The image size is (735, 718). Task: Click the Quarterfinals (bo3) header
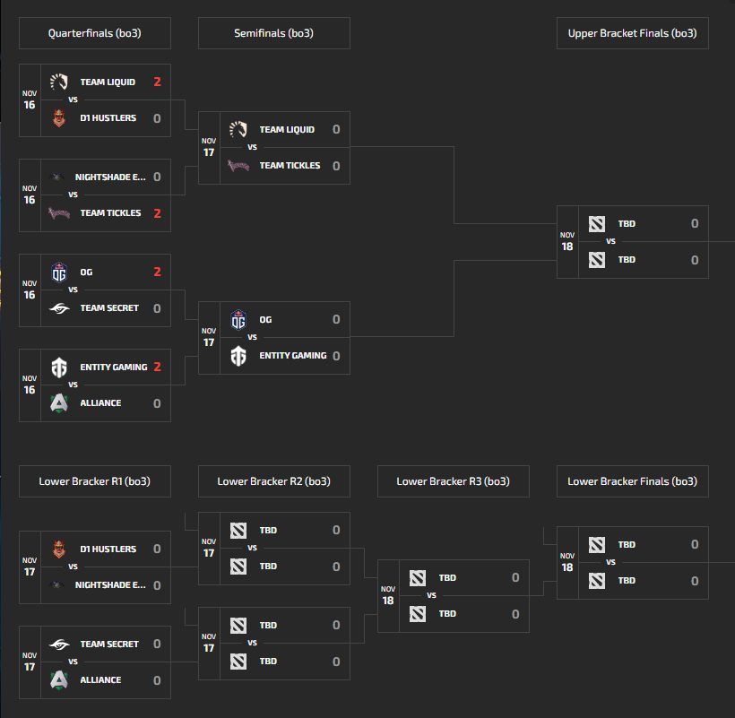click(x=94, y=33)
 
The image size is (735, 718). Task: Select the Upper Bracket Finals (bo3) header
click(x=632, y=33)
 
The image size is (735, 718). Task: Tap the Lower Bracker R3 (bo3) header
click(x=453, y=481)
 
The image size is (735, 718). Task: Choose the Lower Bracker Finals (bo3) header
click(x=632, y=481)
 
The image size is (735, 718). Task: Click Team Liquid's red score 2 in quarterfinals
click(x=157, y=82)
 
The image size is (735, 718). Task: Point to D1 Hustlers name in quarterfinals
click(x=108, y=118)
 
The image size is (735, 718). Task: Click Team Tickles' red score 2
click(x=157, y=213)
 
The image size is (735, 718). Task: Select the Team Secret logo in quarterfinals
click(x=59, y=308)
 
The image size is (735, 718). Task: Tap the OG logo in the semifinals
click(x=238, y=320)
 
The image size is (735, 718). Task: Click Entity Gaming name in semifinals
click(x=293, y=356)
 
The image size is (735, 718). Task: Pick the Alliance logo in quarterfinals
click(x=59, y=403)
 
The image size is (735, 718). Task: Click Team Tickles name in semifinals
click(x=290, y=166)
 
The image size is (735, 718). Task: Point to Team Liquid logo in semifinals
click(x=238, y=130)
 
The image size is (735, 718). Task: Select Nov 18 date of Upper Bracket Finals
click(x=567, y=242)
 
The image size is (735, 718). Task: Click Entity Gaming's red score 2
click(x=157, y=367)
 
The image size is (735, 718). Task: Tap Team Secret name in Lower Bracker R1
click(x=109, y=644)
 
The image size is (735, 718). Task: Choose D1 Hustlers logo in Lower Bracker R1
click(x=59, y=549)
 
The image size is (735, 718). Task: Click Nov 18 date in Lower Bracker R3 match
click(x=388, y=596)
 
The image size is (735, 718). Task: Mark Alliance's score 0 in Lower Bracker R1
click(x=157, y=680)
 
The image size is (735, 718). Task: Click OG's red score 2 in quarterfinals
click(x=157, y=272)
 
